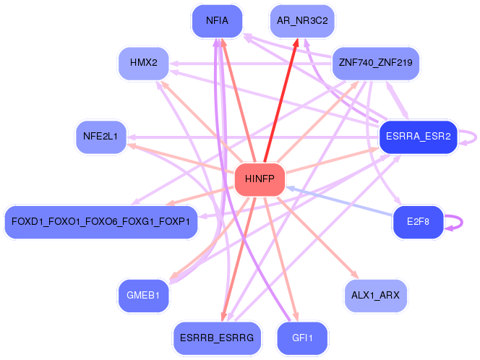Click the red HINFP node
click(260, 179)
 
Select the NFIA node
click(217, 21)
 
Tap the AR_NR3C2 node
click(302, 21)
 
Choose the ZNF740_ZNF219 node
click(375, 63)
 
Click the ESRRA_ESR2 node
click(419, 136)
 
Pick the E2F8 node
click(418, 222)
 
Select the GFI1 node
click(302, 338)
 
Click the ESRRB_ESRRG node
click(217, 338)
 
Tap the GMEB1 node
click(143, 295)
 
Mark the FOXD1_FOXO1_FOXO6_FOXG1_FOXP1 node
click(100, 222)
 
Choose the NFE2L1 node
click(100, 136)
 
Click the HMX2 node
click(143, 63)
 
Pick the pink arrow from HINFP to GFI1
click(282, 260)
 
